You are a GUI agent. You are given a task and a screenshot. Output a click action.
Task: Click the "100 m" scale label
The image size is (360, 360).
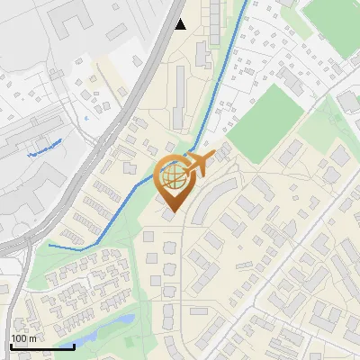pyautogui.click(x=24, y=338)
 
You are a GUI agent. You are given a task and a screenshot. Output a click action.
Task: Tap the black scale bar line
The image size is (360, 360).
pyautogui.click(x=42, y=346)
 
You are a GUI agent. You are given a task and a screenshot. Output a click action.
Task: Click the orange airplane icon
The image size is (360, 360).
pyautogui.click(x=197, y=164)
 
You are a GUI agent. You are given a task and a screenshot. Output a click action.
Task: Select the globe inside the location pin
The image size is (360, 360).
pyautogui.click(x=172, y=175)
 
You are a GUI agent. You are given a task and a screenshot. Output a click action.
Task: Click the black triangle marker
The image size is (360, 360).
pyautogui.click(x=181, y=24)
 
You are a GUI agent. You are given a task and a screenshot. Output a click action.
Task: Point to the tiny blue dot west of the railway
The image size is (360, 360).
pyautogui.click(x=86, y=116)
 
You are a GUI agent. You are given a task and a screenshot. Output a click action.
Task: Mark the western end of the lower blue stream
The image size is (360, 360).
pyautogui.click(x=49, y=245)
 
